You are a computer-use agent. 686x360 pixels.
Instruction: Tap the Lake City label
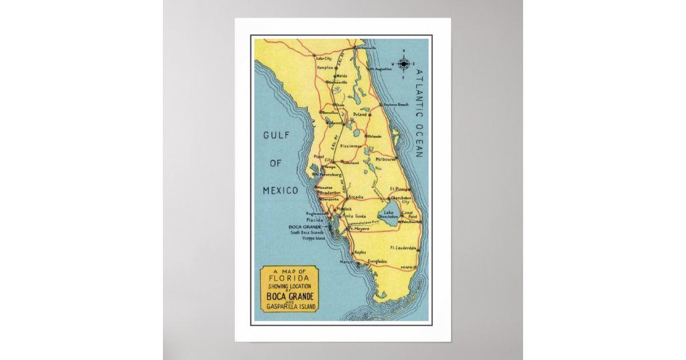click(324, 58)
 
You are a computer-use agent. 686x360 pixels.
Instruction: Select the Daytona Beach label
click(396, 105)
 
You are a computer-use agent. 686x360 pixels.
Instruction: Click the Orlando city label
click(374, 136)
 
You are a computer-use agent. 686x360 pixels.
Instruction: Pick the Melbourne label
click(386, 159)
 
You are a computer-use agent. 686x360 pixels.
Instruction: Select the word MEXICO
click(280, 190)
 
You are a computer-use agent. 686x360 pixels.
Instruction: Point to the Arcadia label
click(356, 197)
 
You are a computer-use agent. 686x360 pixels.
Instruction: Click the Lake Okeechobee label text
click(388, 215)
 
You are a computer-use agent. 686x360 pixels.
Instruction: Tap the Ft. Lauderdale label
click(402, 248)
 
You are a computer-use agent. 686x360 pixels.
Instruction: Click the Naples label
click(360, 252)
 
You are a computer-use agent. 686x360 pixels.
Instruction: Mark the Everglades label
click(377, 261)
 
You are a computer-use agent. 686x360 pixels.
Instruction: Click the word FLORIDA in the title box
click(289, 280)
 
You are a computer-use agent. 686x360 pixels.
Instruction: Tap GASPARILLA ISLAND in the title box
click(290, 307)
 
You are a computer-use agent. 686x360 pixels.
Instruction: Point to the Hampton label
click(325, 67)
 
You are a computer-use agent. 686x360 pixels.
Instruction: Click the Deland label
click(359, 114)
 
